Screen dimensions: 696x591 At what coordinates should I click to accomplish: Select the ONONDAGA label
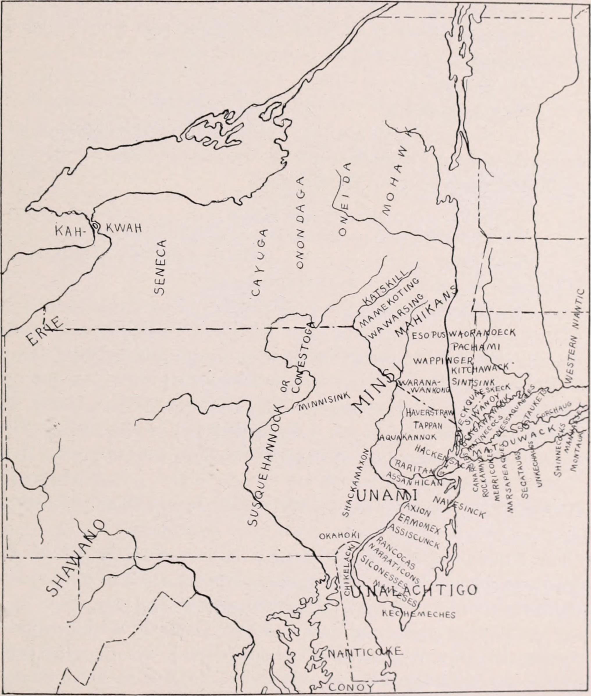(x=300, y=223)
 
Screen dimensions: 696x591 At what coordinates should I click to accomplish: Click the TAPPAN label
(x=428, y=425)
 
